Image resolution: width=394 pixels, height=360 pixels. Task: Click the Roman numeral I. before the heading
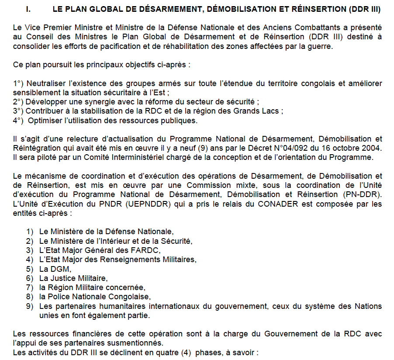point(29,9)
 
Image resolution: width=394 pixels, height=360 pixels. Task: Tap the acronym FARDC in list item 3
point(149,250)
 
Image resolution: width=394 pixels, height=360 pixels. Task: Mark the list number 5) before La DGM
point(30,269)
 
